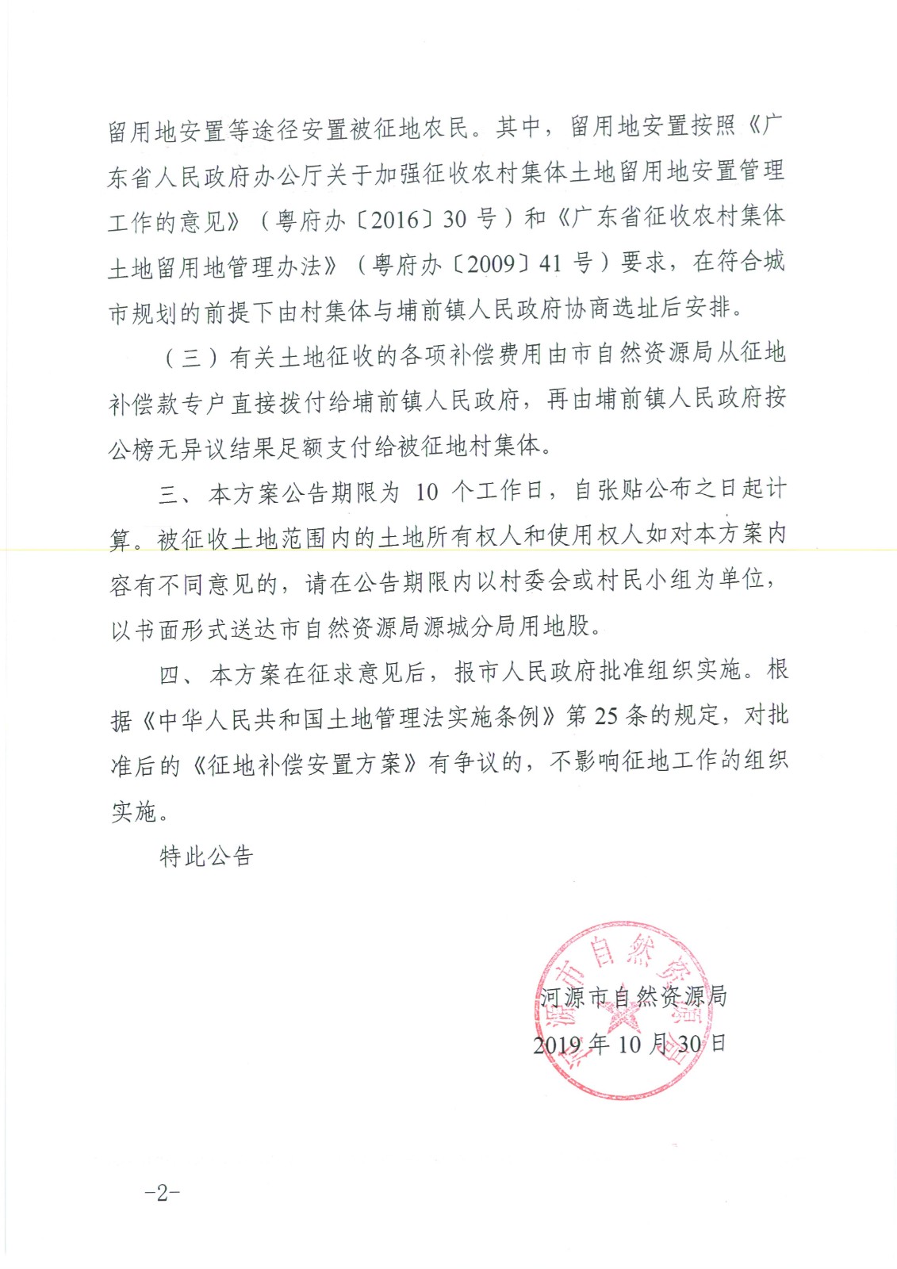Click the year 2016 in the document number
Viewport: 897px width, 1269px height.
[395, 220]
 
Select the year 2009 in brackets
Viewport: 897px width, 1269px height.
[491, 264]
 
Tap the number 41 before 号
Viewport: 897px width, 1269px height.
[550, 263]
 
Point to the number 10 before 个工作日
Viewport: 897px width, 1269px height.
[427, 493]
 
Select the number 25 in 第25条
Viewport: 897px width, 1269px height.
[606, 716]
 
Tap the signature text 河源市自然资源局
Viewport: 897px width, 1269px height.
[633, 997]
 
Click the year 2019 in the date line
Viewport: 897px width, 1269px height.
[558, 1045]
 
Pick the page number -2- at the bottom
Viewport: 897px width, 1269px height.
[163, 1193]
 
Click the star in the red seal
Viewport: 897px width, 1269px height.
[622, 1023]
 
